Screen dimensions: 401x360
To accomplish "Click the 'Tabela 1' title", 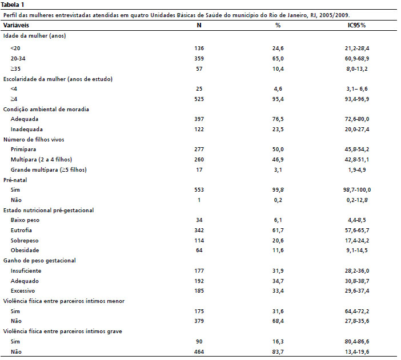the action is click(x=13, y=5).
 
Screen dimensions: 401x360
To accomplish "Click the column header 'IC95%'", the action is click(x=356, y=25).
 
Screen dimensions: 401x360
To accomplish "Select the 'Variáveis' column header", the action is click(x=16, y=25).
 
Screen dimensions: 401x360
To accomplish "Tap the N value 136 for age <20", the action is click(x=199, y=48).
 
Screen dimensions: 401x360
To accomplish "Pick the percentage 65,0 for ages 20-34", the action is click(x=278, y=59).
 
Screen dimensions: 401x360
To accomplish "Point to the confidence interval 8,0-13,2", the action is click(x=357, y=68).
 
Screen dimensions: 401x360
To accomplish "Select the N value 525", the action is click(x=199, y=99).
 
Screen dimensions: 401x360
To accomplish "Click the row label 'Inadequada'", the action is click(x=27, y=130).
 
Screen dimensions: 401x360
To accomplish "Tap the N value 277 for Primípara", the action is click(x=199, y=149).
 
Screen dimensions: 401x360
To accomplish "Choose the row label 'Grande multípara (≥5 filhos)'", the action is click(x=49, y=169).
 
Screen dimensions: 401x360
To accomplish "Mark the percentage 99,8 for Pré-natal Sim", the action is click(x=278, y=189).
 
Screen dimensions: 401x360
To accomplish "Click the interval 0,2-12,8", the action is click(x=357, y=200).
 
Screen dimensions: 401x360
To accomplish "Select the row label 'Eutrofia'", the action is click(x=21, y=230).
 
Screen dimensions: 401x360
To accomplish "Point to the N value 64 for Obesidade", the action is click(x=199, y=250).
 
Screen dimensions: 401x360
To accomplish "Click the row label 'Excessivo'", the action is click(x=23, y=291).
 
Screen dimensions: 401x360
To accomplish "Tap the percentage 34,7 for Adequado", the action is click(x=278, y=281).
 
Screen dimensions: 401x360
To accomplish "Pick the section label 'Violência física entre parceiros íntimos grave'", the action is click(x=63, y=331).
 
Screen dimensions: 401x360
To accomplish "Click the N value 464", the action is click(x=199, y=352).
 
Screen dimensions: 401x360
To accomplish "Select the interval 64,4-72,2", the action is click(x=357, y=311).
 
